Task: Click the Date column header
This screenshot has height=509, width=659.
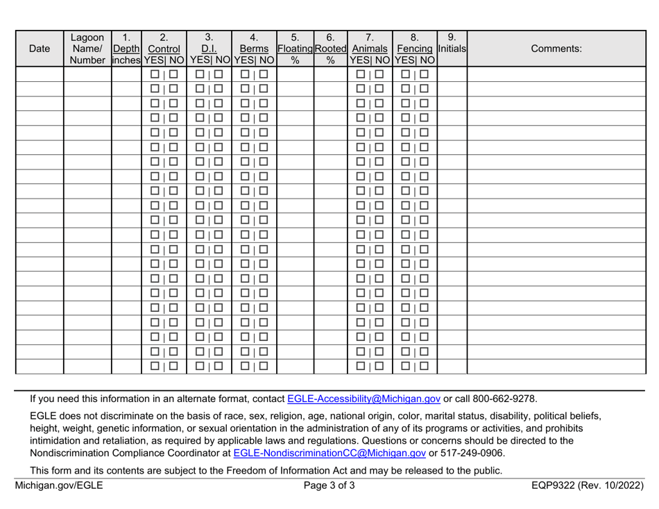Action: (39, 49)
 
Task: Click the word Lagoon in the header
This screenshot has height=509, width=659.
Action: (87, 37)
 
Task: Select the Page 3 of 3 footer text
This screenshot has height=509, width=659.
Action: (329, 485)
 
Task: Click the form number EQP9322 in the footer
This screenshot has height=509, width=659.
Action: (560, 485)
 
